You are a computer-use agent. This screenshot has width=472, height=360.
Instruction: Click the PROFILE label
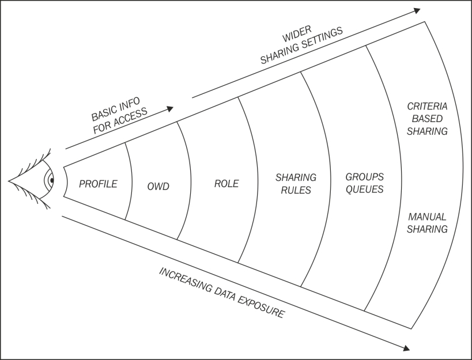[x=98, y=184]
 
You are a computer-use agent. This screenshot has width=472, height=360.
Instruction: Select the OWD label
[x=158, y=187]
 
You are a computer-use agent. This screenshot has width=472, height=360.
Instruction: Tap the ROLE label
[x=226, y=184]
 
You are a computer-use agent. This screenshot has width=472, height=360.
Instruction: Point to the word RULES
[x=296, y=190]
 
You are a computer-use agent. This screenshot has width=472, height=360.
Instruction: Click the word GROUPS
[x=365, y=176]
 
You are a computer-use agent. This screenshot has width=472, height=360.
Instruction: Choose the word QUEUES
[x=365, y=189]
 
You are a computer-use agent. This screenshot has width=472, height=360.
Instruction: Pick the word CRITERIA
[x=427, y=106]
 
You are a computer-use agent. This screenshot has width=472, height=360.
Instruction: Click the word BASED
[x=427, y=119]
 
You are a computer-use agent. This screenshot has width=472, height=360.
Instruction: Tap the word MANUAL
[x=427, y=217]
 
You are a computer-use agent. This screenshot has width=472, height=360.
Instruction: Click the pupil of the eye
[x=52, y=180]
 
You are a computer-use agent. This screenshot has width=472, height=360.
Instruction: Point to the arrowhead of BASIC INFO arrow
[x=170, y=108]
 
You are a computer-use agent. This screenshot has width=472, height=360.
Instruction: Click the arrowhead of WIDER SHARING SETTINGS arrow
[x=417, y=10]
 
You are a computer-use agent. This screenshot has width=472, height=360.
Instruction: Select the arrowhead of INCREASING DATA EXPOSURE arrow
[x=406, y=348]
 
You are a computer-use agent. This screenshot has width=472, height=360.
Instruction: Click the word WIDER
[x=296, y=33]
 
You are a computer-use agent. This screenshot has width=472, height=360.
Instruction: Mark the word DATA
[x=225, y=294]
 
